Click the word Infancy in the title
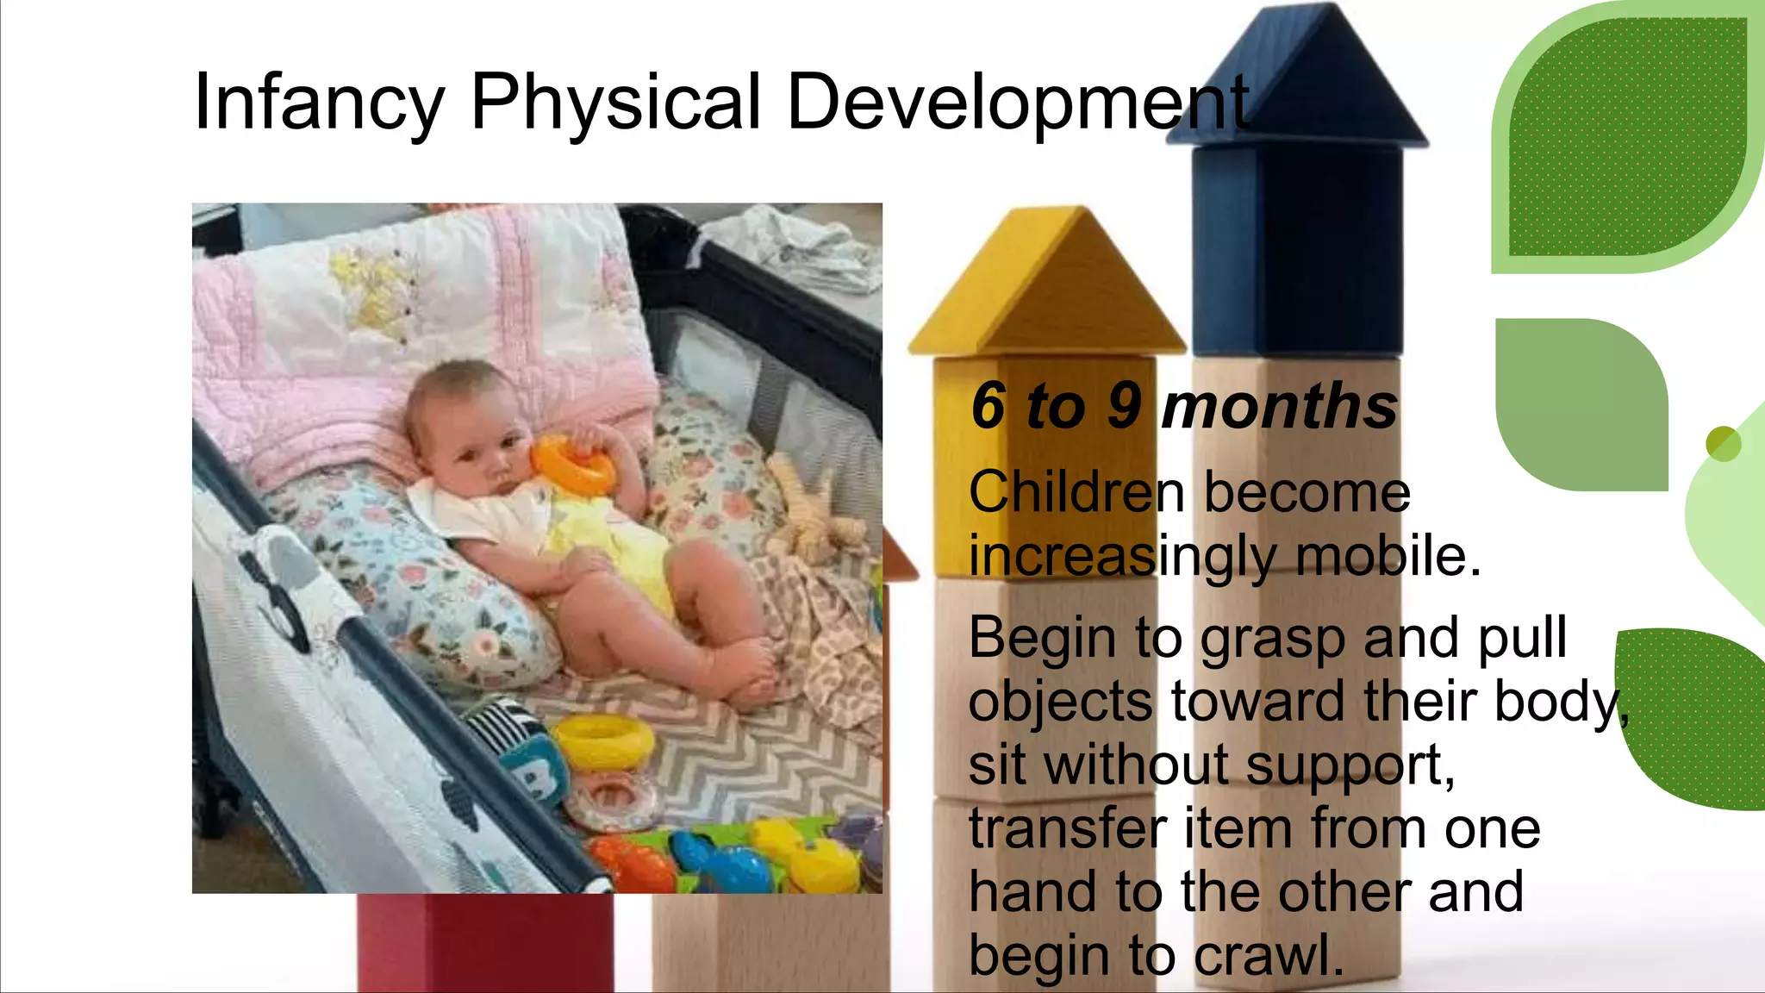pos(319,103)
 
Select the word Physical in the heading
pos(615,103)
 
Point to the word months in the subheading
pos(1279,407)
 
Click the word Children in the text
pos(1076,493)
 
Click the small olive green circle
pos(1723,444)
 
